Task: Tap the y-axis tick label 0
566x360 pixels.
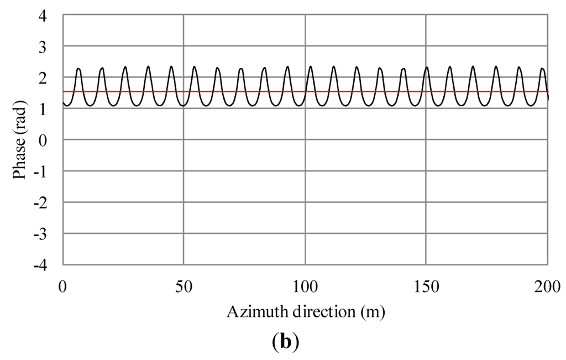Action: pyautogui.click(x=50, y=140)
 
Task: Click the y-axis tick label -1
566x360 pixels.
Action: pyautogui.click(x=47, y=172)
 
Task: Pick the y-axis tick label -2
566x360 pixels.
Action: pyautogui.click(x=47, y=204)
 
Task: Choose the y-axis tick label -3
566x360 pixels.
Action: pyautogui.click(x=47, y=235)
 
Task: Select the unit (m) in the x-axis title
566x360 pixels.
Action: pyautogui.click(x=372, y=312)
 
